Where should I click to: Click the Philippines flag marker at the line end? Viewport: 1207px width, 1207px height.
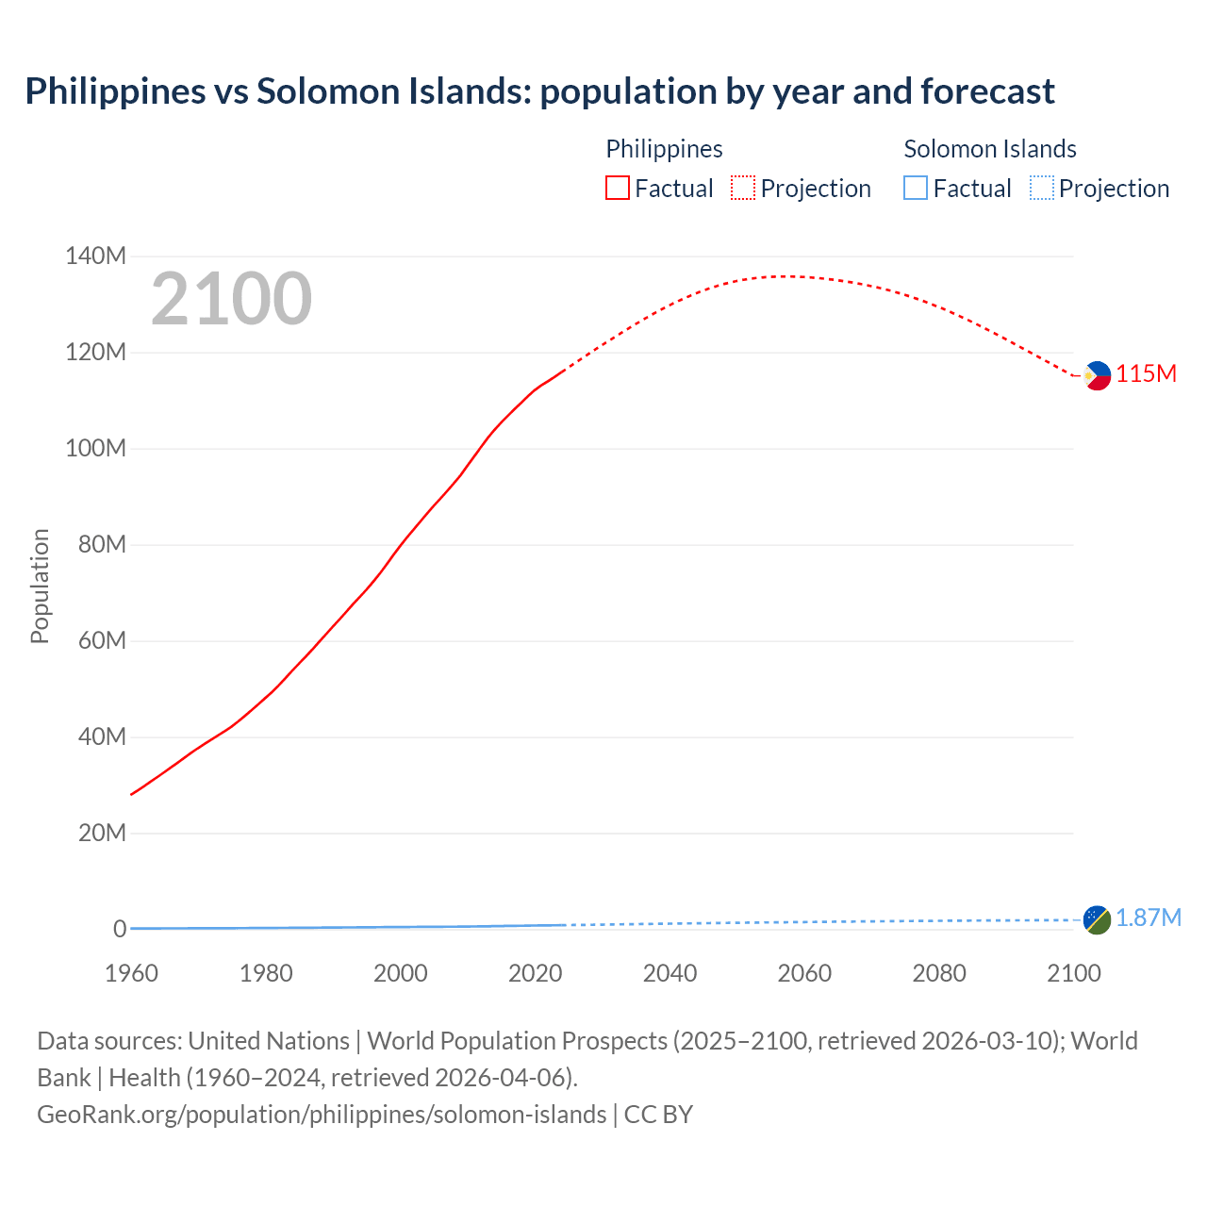1097,375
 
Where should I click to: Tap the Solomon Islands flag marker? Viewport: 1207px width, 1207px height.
1097,919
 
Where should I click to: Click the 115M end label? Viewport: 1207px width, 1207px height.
1147,374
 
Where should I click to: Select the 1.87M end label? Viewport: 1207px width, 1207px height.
1149,918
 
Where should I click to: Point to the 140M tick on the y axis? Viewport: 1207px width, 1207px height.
95,256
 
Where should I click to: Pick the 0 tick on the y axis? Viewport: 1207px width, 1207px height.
120,929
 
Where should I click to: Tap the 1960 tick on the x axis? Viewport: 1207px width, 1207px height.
131,973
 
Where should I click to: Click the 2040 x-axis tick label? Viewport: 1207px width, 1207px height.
670,973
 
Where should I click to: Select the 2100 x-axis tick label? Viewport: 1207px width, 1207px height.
1073,973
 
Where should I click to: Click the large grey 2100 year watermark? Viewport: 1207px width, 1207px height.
231,299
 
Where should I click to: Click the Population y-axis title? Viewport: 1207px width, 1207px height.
40,587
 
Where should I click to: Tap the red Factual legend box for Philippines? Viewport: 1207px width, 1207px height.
618,189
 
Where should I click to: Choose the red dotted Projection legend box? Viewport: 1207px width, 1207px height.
743,189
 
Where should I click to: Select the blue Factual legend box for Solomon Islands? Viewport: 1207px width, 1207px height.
916,189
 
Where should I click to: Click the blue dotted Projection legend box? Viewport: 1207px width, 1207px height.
1042,189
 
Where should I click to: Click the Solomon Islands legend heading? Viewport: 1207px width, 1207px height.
990,149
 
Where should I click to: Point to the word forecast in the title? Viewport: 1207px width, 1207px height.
987,91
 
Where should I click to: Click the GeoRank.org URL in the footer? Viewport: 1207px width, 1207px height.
322,1115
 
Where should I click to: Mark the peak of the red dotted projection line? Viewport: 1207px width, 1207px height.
787,276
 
